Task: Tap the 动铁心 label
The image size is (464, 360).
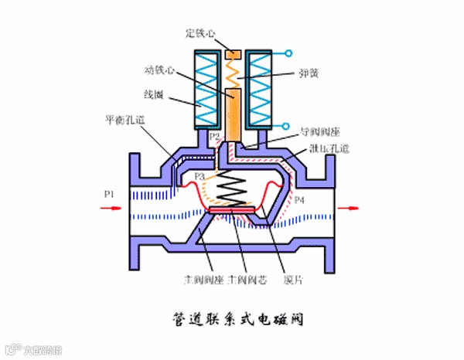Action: pyautogui.click(x=159, y=70)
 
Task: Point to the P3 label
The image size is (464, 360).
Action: pyautogui.click(x=199, y=178)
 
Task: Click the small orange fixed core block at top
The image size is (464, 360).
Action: pyautogui.click(x=232, y=55)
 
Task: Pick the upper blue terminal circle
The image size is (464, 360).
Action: pyautogui.click(x=288, y=54)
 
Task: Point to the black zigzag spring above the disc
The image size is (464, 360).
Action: pyautogui.click(x=230, y=188)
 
